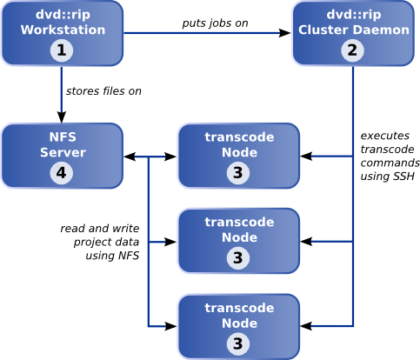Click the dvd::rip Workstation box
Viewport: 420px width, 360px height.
point(63,33)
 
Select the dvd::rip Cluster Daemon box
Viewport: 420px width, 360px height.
point(353,33)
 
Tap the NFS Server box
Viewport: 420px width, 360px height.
point(63,156)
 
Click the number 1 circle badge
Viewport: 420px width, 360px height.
point(62,50)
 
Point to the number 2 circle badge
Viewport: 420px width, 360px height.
point(352,50)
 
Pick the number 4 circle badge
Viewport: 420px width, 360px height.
point(62,173)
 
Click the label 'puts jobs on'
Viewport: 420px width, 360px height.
point(215,23)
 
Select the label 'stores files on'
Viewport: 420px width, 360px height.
point(103,91)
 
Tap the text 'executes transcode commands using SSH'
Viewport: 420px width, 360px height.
point(390,156)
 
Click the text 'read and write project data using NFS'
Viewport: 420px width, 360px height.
point(100,242)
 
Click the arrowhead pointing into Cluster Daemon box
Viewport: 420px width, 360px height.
point(284,33)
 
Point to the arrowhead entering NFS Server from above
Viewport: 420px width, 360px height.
point(62,117)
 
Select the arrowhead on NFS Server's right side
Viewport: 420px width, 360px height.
point(130,157)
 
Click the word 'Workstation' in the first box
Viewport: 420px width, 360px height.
point(63,30)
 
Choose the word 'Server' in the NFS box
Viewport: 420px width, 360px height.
point(63,152)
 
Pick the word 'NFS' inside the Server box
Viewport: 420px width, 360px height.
point(63,137)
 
